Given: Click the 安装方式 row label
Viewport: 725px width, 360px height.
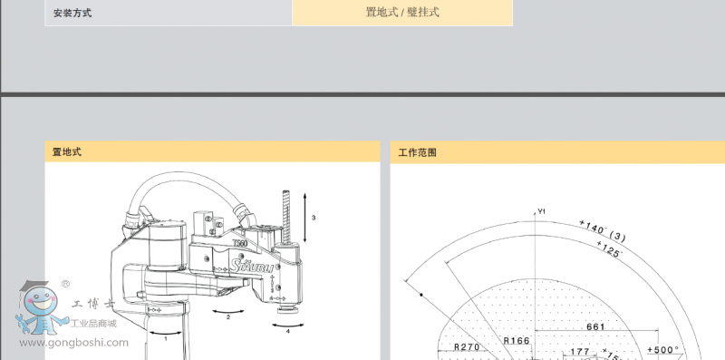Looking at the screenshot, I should click(72, 14).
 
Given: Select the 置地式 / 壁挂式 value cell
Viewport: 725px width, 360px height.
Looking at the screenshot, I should click(401, 13).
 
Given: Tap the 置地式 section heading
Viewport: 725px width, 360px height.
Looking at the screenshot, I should click(67, 152).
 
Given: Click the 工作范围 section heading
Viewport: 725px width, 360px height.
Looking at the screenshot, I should click(418, 152).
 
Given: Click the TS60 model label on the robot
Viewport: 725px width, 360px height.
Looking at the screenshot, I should click(240, 243).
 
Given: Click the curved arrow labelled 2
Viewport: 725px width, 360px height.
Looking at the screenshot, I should click(228, 311).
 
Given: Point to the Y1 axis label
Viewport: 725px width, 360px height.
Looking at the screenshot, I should click(541, 211).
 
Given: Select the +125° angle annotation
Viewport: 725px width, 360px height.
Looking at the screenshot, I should click(609, 249).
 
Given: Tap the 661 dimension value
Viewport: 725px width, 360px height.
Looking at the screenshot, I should click(595, 326).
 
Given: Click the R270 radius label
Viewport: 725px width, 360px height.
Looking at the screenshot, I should click(466, 346).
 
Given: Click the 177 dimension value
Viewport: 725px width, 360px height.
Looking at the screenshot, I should click(580, 353).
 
